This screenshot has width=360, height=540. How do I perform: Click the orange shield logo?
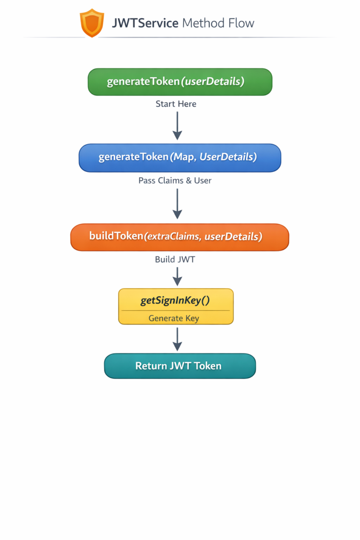click(x=92, y=22)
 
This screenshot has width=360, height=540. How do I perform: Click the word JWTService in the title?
click(x=145, y=23)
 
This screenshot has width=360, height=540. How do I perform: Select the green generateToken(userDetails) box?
click(x=180, y=82)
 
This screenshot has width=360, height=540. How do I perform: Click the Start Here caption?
click(x=176, y=104)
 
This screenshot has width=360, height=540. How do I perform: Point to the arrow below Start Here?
click(x=177, y=125)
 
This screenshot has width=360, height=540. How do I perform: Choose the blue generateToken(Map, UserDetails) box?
click(x=180, y=157)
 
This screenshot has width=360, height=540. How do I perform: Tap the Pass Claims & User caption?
click(x=175, y=180)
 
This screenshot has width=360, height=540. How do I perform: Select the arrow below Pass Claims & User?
click(x=177, y=203)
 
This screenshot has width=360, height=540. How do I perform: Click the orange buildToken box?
click(x=180, y=237)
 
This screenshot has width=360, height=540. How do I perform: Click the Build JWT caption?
click(x=175, y=259)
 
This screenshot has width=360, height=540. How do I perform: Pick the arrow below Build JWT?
click(x=177, y=276)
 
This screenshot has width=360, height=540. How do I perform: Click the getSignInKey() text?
click(x=175, y=300)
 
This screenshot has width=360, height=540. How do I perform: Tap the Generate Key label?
click(x=174, y=318)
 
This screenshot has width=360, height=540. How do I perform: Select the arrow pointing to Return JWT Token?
click(x=177, y=339)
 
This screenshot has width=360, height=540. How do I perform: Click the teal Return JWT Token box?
click(x=180, y=366)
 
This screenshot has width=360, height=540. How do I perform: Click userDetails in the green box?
click(x=214, y=82)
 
